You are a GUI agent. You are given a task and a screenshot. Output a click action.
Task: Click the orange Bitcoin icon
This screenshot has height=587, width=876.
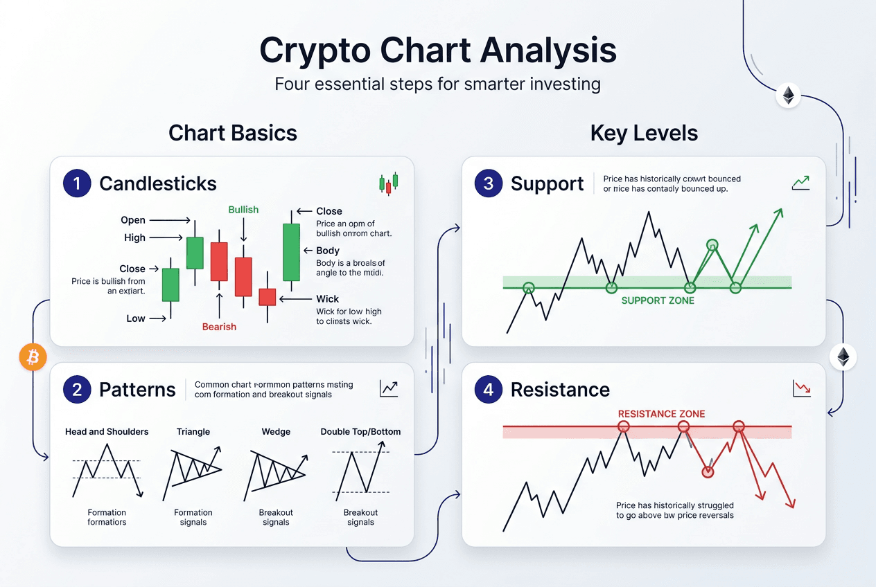[33, 357]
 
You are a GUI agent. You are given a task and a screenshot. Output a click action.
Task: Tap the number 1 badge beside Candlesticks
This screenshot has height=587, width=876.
[77, 183]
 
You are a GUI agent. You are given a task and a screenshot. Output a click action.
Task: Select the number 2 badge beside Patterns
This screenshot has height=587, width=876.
[77, 390]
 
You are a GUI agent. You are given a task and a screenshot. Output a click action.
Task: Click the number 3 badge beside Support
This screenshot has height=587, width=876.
[489, 183]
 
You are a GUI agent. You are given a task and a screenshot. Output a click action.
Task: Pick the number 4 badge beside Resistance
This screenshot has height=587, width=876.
[489, 390]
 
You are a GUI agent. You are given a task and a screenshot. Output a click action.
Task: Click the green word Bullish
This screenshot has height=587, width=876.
[243, 210]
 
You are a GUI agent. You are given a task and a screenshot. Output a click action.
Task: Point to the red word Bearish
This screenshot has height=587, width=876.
[219, 327]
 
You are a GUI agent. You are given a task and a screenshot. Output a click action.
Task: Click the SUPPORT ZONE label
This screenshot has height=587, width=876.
[657, 300]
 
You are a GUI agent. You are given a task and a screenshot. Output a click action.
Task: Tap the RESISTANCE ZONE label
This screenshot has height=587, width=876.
[661, 414]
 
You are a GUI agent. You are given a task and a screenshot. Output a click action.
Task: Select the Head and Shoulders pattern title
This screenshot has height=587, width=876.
[107, 432]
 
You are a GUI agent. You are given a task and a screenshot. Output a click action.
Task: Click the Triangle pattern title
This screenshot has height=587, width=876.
[193, 432]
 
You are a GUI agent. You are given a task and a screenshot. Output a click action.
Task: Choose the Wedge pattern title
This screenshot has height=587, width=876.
[276, 432]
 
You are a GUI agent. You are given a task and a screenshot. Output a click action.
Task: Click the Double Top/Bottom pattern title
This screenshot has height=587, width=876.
[360, 432]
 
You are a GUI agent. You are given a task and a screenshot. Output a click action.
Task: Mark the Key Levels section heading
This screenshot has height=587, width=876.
[644, 133]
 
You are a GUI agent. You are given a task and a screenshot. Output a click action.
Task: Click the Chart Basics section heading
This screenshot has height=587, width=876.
[233, 133]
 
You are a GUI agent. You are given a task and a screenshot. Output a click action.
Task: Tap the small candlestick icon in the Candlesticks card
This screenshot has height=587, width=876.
[388, 183]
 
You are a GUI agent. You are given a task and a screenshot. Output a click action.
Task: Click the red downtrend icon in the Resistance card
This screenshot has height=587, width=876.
[800, 389]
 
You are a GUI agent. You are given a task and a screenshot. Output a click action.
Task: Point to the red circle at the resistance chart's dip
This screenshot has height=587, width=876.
[708, 471]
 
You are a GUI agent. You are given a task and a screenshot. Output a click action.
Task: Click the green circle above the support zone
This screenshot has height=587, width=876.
[712, 245]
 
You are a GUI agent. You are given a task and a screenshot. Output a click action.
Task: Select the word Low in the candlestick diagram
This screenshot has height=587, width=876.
[136, 318]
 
